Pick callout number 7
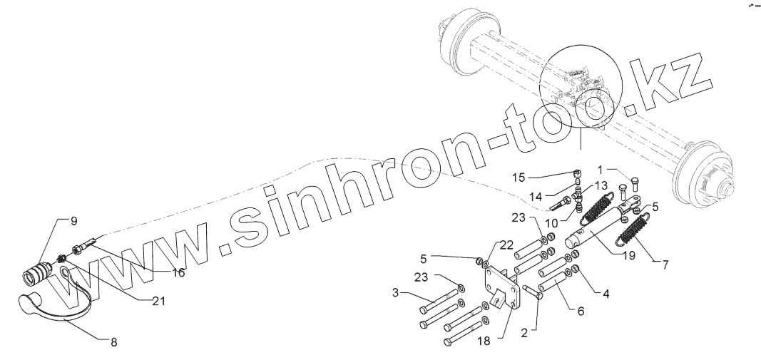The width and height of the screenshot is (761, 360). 666,265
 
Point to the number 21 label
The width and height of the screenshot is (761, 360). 158,302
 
